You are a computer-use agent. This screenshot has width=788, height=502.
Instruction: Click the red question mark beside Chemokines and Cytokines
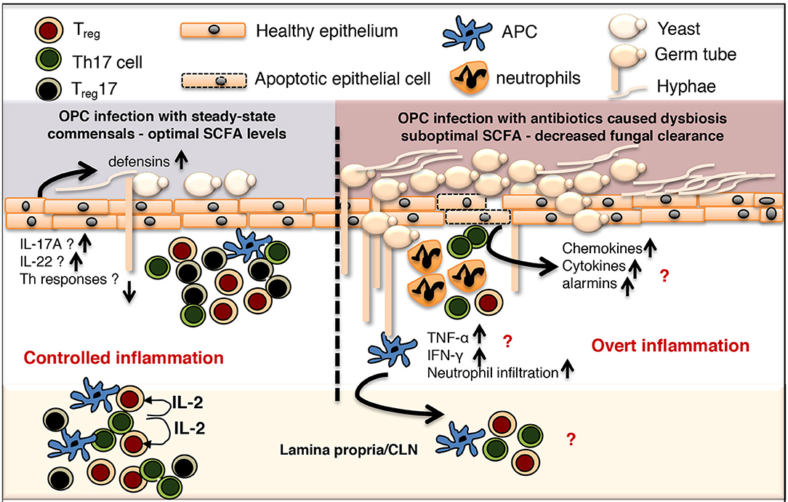point(664,276)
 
